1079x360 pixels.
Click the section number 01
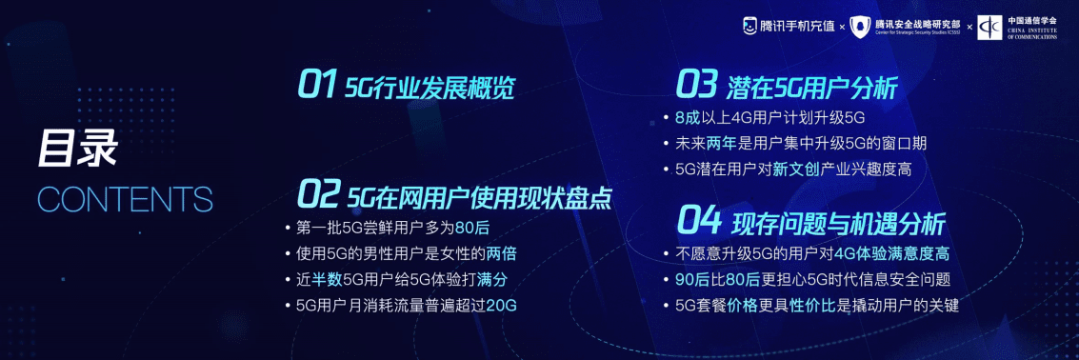317,86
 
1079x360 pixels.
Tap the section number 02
317,194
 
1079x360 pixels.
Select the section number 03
695,86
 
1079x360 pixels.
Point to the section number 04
698,221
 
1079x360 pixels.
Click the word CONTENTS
125,199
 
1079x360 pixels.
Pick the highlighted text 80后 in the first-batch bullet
471,229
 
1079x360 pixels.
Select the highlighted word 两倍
502,254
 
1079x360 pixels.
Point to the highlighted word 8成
687,118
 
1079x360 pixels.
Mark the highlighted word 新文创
796,170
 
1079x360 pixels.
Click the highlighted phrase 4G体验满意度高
890,254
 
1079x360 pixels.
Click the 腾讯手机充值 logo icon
750,26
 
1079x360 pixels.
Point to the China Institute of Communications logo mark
990,27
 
